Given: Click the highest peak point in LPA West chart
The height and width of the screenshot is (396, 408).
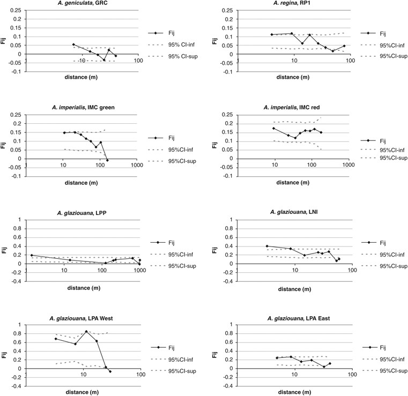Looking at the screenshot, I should click(x=86, y=332).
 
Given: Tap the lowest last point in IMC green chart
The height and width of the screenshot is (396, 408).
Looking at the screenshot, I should click(x=107, y=160).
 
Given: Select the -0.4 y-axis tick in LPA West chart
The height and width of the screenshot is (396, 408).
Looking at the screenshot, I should click(x=16, y=386).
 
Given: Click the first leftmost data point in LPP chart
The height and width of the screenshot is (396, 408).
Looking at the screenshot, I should click(x=32, y=255).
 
